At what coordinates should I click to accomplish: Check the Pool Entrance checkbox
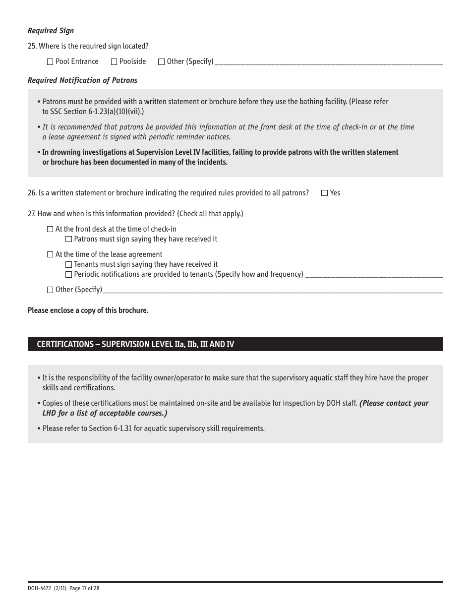coord(50,62)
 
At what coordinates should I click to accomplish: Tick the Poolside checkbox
coord(114,62)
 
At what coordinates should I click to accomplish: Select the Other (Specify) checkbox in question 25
coord(161,62)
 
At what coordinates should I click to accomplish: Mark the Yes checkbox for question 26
coord(325,193)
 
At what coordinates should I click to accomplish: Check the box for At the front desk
coord(50,230)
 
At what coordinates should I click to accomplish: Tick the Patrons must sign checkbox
coord(69,240)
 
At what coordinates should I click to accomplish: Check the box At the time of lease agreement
coord(50,255)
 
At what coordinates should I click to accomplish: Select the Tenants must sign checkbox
coord(69,265)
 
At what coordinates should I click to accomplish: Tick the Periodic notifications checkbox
coord(69,275)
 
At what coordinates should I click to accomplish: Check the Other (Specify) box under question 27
coord(50,290)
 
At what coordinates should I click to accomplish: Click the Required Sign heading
coord(51,31)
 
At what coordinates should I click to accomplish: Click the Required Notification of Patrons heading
coord(82,80)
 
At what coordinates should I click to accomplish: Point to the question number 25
coord(32,46)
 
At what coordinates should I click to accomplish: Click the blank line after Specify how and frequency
coord(374,276)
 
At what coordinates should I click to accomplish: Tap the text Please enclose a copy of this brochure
coord(88,310)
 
